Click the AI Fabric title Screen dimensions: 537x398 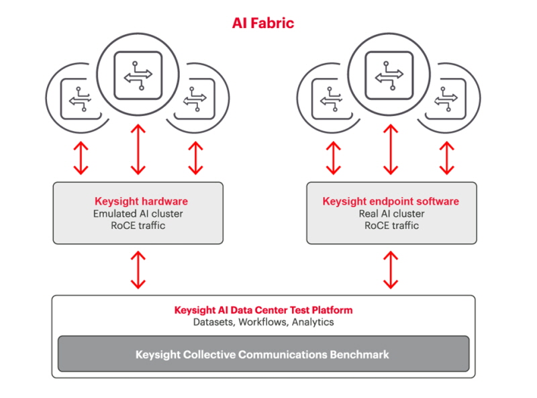point(263,23)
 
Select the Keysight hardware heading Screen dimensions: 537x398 point(141,201)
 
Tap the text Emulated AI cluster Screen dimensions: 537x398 point(138,213)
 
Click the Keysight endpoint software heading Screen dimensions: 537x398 point(391,201)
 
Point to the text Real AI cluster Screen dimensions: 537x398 point(391,213)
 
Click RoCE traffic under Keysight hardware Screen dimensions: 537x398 point(138,226)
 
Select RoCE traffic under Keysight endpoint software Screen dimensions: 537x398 point(391,226)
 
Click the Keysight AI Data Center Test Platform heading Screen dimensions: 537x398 point(263,310)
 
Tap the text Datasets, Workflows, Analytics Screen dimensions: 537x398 point(263,322)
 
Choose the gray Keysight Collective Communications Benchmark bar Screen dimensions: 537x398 point(263,354)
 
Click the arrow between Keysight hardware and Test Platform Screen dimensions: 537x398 point(138,270)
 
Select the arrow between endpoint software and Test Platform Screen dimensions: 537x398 point(391,270)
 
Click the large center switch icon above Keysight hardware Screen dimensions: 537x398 point(138,75)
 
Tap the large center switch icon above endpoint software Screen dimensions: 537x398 point(389,75)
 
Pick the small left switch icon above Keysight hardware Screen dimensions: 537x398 point(80,99)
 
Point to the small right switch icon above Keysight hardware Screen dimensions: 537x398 point(195,99)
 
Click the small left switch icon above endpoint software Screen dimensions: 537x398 point(331,99)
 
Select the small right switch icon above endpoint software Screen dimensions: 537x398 point(446,99)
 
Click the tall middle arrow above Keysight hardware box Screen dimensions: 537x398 point(138,150)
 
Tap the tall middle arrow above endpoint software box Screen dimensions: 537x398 point(391,150)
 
